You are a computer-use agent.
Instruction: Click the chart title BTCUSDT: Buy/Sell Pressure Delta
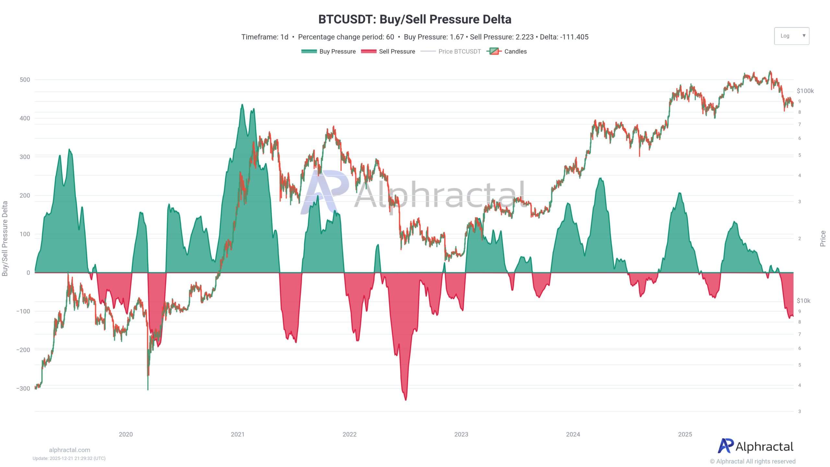coord(415,19)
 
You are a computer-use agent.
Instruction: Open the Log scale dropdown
coord(791,36)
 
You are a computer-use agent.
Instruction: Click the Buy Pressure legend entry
coord(328,51)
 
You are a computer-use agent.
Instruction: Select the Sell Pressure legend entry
coord(388,51)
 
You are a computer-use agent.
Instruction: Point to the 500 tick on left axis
coord(25,79)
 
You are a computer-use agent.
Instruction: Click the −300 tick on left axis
coord(23,388)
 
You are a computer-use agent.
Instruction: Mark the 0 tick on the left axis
coord(28,272)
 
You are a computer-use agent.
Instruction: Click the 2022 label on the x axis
coord(350,434)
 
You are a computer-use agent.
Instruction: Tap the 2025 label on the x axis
coord(685,434)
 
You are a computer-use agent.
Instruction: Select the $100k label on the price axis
coord(805,91)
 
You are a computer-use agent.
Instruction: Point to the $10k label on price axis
coord(803,301)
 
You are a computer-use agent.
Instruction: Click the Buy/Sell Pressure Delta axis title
coord(5,238)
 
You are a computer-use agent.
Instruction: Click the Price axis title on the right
coord(823,238)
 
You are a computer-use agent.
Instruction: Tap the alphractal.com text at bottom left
coord(69,450)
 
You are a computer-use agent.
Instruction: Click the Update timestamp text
coord(69,458)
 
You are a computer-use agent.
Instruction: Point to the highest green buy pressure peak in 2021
coord(242,105)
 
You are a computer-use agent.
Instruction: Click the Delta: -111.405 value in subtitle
coord(564,37)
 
